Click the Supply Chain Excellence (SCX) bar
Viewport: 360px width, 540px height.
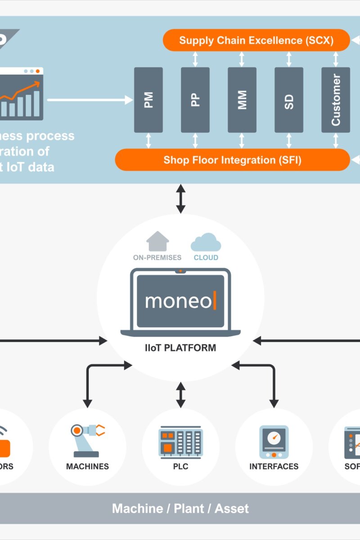click(x=256, y=40)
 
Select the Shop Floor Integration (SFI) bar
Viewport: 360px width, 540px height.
click(x=232, y=160)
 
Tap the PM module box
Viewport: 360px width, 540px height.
click(x=148, y=100)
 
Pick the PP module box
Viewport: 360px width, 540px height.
click(x=195, y=100)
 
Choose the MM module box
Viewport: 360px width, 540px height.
click(x=242, y=100)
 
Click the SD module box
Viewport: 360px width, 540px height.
click(x=289, y=100)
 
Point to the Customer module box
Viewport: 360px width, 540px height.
click(x=336, y=100)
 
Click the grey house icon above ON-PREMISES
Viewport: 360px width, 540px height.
click(x=157, y=242)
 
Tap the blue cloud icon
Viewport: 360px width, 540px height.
click(x=206, y=243)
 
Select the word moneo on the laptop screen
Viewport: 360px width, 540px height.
click(x=178, y=301)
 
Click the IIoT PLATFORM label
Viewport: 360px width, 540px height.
click(x=180, y=348)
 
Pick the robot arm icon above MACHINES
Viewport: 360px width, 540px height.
click(x=87, y=440)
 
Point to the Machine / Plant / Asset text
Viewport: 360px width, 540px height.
click(x=180, y=508)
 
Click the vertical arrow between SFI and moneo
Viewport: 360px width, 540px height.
click(x=180, y=198)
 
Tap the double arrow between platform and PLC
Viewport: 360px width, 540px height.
click(x=180, y=395)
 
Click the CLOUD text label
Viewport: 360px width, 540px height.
click(x=206, y=258)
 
